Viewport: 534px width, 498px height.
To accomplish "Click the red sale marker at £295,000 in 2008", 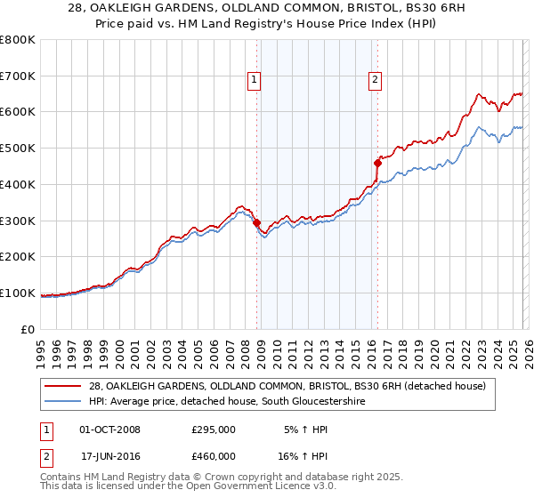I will point(256,222).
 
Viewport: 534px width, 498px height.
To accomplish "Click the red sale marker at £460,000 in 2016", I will point(377,163).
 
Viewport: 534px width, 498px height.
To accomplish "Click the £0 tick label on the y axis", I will point(29,329).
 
